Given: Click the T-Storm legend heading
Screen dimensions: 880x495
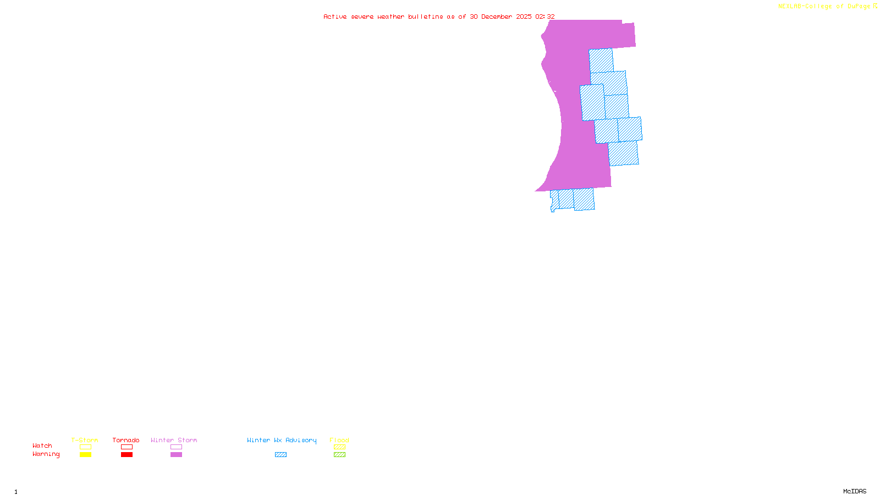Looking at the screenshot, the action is pos(85,440).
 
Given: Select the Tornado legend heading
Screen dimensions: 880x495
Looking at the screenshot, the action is pos(126,440).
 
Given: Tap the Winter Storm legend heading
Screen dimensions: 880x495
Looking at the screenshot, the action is pos(174,440).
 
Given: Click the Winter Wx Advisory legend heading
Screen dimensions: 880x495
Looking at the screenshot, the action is pos(282,440).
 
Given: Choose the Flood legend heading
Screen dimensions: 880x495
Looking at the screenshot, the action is pos(339,440).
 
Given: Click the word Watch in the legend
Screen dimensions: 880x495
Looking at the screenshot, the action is pos(42,446).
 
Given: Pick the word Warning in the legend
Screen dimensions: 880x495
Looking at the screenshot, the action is pos(46,454).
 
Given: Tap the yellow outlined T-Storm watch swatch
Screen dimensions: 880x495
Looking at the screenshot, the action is pos(85,447).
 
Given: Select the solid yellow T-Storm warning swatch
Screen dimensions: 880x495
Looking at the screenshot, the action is pos(85,455).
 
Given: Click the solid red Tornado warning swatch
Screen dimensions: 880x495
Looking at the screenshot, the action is pos(127,455).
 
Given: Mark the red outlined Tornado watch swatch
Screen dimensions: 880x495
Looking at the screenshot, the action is pos(127,447).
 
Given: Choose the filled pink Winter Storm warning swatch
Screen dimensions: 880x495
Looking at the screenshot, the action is pos(176,455).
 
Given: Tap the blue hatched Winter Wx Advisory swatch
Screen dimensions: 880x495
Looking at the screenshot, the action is pos(280,455).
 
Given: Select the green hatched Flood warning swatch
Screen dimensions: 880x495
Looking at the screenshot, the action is pos(339,455).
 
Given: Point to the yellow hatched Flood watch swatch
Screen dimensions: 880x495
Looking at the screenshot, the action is pos(339,447).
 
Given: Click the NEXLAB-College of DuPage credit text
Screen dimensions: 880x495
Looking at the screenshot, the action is pos(824,7).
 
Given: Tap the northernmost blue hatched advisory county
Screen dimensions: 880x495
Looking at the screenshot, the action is pos(601,61).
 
